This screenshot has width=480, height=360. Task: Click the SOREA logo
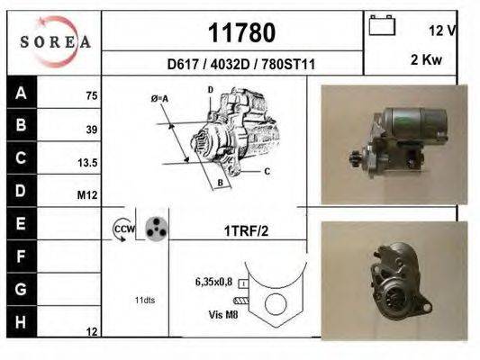[x=56, y=41]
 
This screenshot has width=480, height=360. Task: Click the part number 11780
[x=242, y=32]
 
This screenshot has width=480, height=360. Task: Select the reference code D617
[x=183, y=65]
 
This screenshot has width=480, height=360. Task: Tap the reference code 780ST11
[x=288, y=65]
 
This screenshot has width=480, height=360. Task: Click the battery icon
[x=382, y=25]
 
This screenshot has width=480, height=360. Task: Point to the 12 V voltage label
[x=442, y=31]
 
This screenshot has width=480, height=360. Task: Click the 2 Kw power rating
[x=426, y=59]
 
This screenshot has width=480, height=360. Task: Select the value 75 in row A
[x=92, y=95]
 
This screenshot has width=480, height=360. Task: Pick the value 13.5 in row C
[x=87, y=163]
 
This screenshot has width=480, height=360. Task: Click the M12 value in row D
[x=87, y=194]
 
